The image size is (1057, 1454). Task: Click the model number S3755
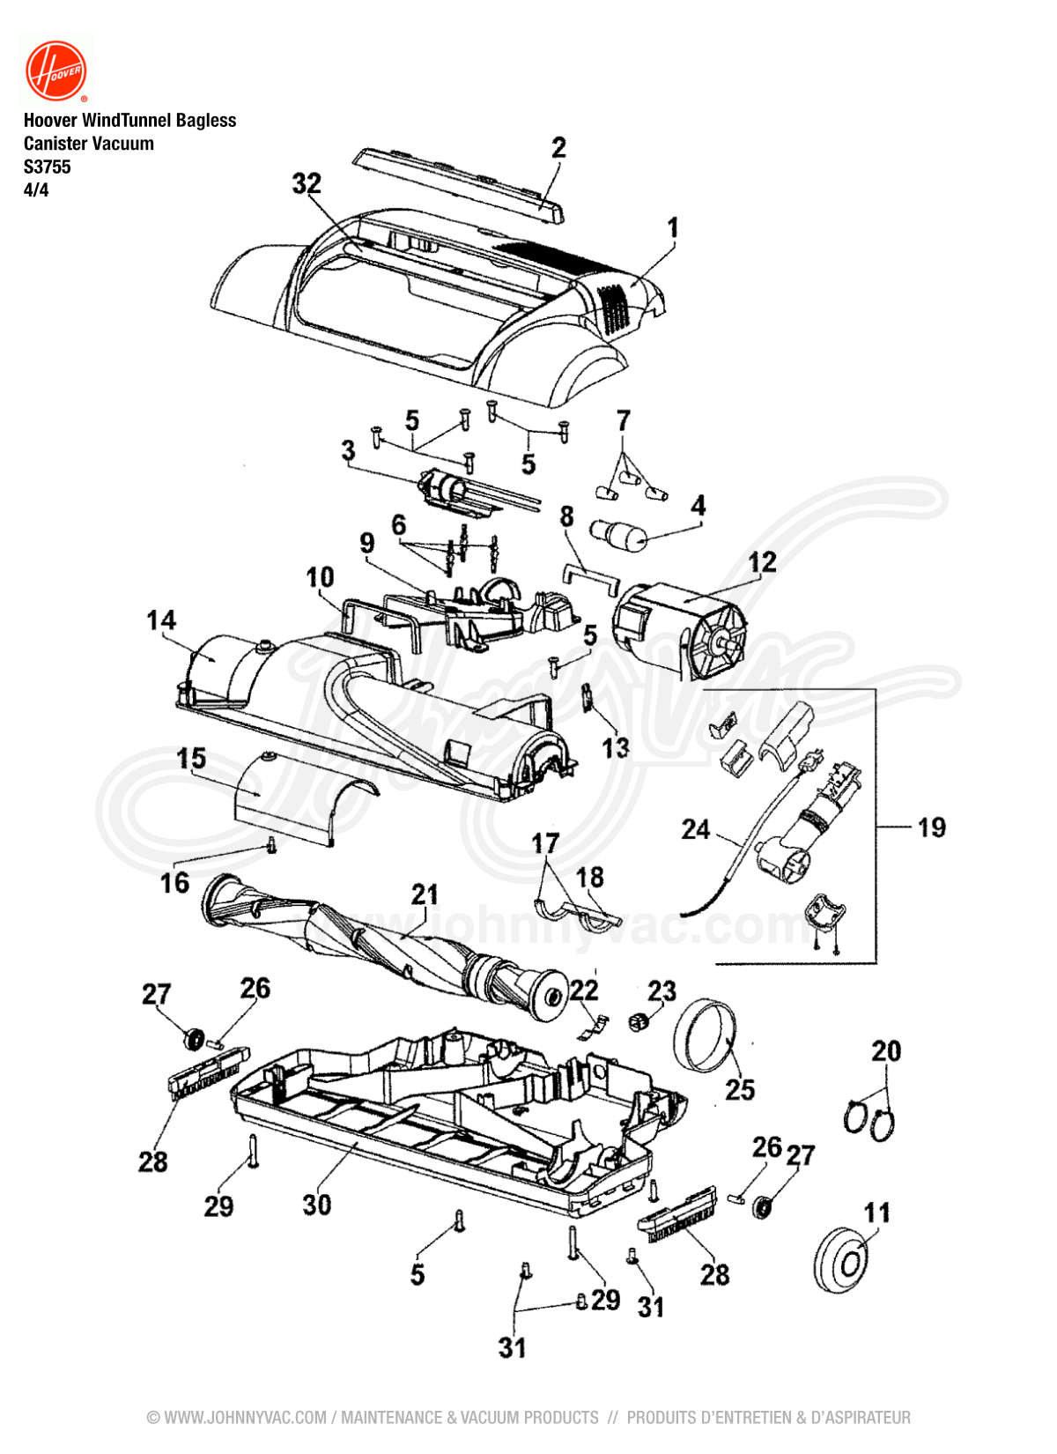tap(47, 167)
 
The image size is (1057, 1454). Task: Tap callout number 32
tap(307, 183)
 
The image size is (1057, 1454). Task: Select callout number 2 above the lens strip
tap(558, 147)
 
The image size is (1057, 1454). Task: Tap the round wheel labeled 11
tap(842, 1258)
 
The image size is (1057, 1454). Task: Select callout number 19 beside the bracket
tap(931, 827)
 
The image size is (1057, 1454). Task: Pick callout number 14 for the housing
tap(161, 620)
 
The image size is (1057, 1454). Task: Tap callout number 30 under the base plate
tap(316, 1204)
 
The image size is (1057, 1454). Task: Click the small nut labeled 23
tap(638, 1021)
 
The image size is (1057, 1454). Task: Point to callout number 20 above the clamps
tap(886, 1050)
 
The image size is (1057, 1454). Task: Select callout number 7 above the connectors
tap(623, 421)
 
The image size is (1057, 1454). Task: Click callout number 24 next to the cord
tap(695, 829)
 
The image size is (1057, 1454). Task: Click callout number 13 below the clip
tap(615, 747)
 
